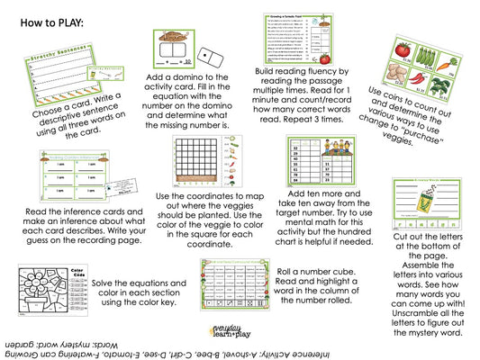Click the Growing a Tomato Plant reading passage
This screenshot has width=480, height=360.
(286, 45)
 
